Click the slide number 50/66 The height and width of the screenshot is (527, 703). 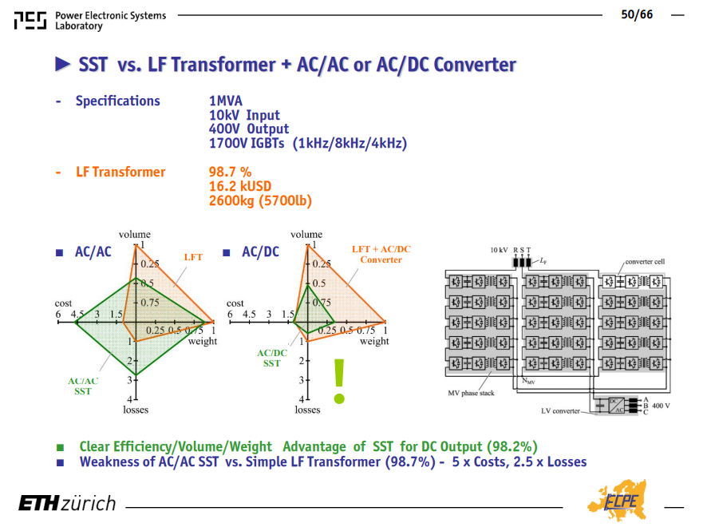637,15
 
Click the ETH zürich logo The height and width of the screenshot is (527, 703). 67,503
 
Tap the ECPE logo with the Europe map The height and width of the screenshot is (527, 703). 618,500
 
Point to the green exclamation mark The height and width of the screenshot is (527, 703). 339,381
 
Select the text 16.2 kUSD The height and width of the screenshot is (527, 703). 240,186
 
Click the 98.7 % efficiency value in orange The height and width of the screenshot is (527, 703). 230,172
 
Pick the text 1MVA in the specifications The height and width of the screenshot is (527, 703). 226,101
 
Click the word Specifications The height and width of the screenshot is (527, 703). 117,101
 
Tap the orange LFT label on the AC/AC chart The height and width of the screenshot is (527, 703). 193,257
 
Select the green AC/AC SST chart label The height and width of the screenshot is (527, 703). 83,386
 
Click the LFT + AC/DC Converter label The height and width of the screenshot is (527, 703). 381,254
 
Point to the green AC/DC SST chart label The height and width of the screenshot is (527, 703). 271,358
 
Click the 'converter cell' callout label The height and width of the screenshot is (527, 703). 645,261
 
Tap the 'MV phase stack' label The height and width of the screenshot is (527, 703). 471,393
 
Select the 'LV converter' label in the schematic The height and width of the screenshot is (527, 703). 560,410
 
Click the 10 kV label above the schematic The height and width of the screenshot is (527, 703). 499,250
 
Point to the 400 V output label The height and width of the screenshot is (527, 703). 661,406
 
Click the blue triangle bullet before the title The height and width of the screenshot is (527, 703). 63,64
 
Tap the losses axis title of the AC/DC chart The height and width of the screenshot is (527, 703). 307,410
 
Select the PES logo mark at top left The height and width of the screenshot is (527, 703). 30,21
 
